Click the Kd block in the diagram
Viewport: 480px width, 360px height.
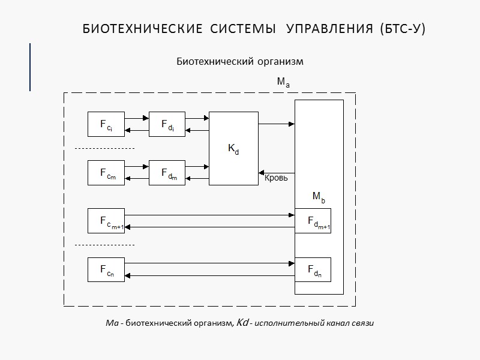[233, 148]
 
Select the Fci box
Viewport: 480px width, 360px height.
[106, 124]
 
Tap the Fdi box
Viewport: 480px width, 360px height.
[167, 124]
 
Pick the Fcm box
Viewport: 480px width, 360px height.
[106, 173]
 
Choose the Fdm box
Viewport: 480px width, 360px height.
[167, 173]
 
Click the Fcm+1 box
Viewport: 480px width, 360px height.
[106, 221]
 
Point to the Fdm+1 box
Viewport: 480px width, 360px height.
[313, 221]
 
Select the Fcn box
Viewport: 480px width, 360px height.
[106, 270]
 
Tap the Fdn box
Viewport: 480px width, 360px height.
[313, 270]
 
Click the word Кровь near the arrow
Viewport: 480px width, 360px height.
[276, 178]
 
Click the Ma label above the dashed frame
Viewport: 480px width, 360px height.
[283, 82]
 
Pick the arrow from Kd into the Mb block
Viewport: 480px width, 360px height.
[276, 124]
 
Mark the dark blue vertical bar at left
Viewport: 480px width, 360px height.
[30, 67]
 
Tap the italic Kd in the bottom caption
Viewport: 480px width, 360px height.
[243, 323]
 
